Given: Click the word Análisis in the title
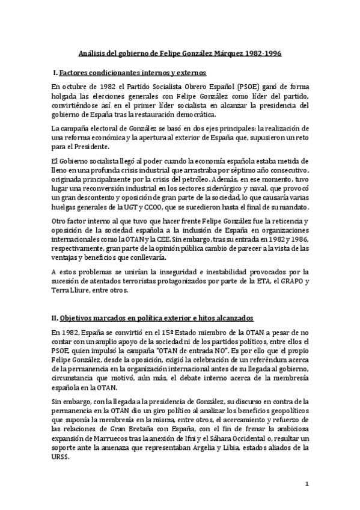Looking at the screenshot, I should click(x=96, y=54).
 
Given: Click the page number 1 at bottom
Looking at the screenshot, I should click(x=307, y=484).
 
